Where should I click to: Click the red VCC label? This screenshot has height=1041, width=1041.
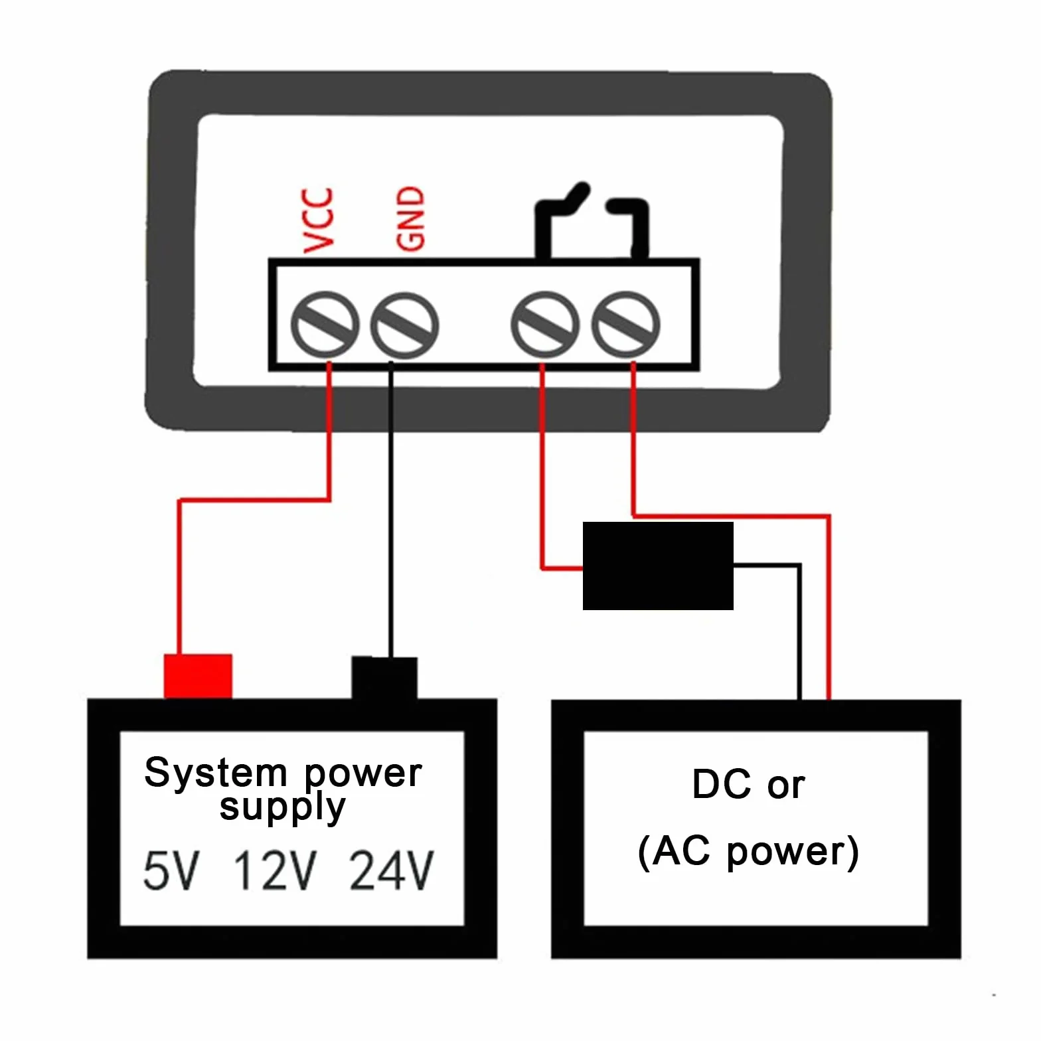point(318,220)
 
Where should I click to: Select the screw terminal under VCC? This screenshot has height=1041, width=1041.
point(325,325)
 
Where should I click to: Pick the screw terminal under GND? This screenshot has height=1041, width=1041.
point(404,325)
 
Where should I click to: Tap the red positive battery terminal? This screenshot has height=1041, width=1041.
point(198,676)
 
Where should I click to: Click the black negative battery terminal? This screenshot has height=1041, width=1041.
point(384,678)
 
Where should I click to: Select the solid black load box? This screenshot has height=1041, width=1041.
point(658,566)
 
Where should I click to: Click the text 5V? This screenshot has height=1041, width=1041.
point(171,870)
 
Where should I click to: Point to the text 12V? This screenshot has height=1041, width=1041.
point(275,870)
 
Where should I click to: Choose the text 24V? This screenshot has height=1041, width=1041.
point(392,870)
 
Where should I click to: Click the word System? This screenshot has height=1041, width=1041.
point(216,773)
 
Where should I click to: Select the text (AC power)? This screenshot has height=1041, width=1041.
point(748,852)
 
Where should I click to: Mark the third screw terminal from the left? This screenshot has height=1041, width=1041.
point(545,325)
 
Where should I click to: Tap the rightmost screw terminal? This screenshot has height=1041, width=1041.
point(625,325)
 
